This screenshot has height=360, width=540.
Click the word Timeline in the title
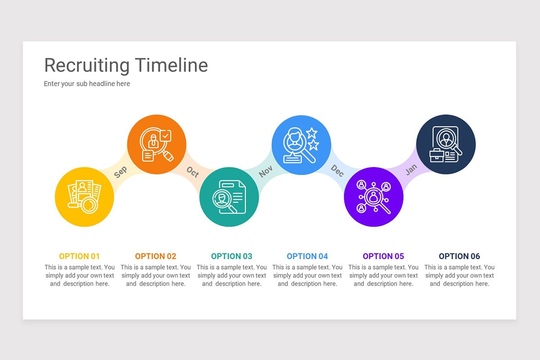171,65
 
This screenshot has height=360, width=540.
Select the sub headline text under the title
87,84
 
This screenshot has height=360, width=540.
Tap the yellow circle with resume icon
84,197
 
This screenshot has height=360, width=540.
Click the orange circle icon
157,144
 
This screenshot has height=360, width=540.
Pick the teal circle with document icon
229,197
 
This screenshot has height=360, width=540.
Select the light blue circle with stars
301,144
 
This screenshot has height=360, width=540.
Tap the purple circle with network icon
373,197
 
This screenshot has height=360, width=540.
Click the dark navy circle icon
446,144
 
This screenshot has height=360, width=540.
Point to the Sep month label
120,171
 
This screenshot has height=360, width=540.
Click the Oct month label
193,171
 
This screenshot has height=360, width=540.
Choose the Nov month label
265,171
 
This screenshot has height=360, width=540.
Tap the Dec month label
337,170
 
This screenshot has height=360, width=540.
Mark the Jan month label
411,169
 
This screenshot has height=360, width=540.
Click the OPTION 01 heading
79,256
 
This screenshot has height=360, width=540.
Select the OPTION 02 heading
156,256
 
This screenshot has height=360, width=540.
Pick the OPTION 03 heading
232,256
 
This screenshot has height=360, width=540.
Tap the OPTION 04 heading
307,256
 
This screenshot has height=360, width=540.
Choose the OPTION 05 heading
383,256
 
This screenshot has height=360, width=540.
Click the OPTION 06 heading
459,256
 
